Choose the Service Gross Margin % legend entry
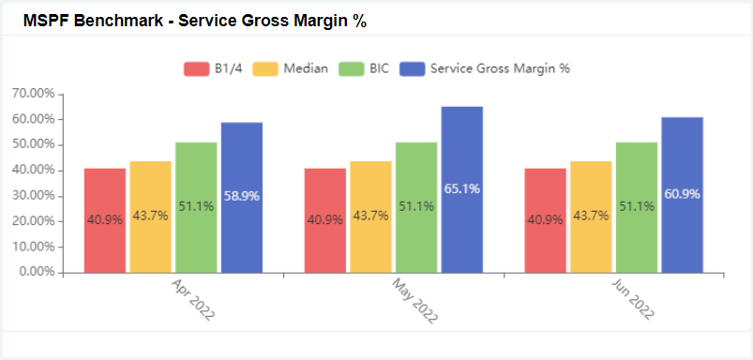pos(485,68)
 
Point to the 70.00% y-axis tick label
pos(30,94)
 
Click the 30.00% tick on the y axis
pos(30,196)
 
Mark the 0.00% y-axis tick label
pos(33,273)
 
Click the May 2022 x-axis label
pos(414,299)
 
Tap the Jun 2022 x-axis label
pos(635,299)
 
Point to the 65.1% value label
pos(462,188)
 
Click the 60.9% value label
pos(683,194)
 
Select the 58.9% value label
pos(242,196)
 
